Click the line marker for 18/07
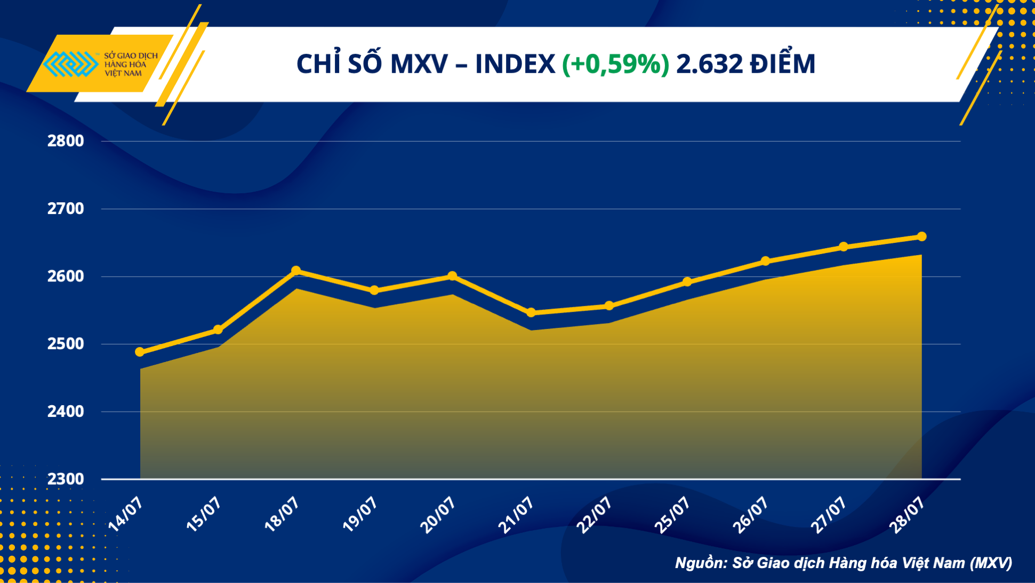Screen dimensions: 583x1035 (x=296, y=271)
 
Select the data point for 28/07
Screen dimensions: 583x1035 (x=921, y=237)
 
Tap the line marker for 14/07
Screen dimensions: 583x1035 (x=140, y=352)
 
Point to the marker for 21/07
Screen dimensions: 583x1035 (x=531, y=313)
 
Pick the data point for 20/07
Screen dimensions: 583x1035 (x=452, y=276)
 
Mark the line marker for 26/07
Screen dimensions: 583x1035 (x=765, y=261)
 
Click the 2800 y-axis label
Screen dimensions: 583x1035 (x=66, y=141)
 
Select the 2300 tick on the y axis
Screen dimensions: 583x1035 (x=66, y=479)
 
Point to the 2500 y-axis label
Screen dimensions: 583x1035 (x=66, y=344)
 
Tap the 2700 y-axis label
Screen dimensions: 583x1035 (x=66, y=209)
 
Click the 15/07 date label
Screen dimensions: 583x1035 (x=204, y=514)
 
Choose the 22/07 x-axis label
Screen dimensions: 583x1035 (x=595, y=514)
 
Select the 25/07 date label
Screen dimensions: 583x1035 (x=672, y=514)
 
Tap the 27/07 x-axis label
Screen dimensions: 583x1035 (x=829, y=514)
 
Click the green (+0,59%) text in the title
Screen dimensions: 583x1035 (x=615, y=64)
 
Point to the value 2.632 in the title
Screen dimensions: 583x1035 (x=709, y=64)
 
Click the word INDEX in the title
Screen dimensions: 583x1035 (x=515, y=64)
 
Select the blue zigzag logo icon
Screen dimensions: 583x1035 (x=70, y=64)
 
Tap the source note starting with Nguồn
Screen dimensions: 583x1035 (x=843, y=563)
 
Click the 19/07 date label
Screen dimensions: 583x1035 (x=360, y=514)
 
